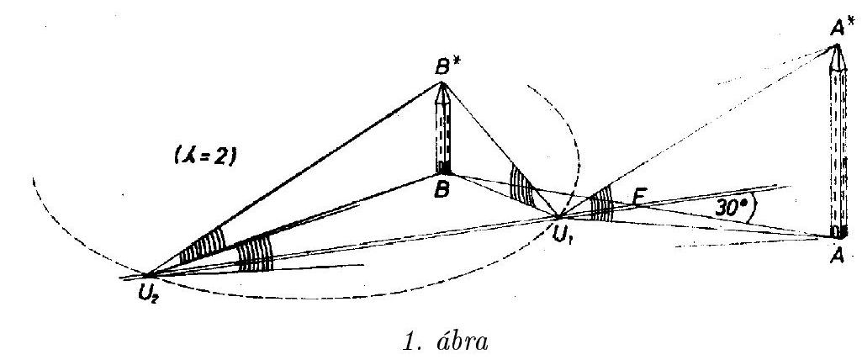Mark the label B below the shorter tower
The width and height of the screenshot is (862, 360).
(x=442, y=191)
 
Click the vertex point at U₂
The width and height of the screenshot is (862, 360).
(x=148, y=274)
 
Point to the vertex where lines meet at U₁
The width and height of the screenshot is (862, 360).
(x=558, y=216)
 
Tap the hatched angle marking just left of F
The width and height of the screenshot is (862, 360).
(x=602, y=205)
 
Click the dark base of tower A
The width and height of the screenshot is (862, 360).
(x=836, y=231)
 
